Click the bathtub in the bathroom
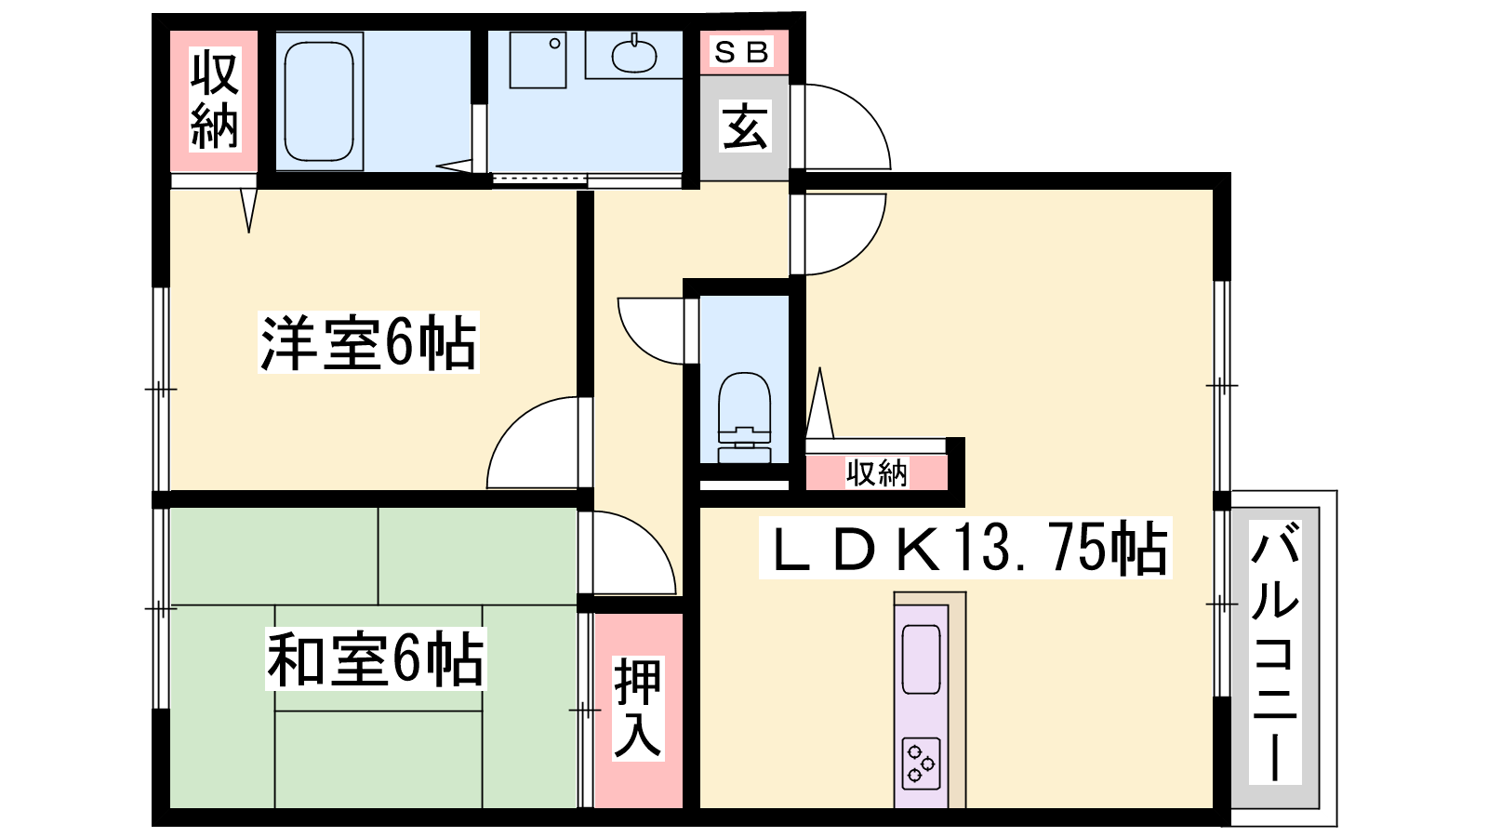click(x=319, y=101)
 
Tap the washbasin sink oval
click(x=633, y=56)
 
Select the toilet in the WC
click(x=744, y=418)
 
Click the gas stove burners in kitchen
click(x=922, y=763)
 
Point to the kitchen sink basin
click(x=922, y=659)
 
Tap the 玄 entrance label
click(x=745, y=126)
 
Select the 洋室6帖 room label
click(x=368, y=342)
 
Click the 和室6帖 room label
click(x=376, y=659)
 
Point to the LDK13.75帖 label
click(x=965, y=548)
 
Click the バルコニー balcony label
click(x=1275, y=652)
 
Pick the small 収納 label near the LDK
click(x=876, y=473)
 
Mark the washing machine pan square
click(x=538, y=60)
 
